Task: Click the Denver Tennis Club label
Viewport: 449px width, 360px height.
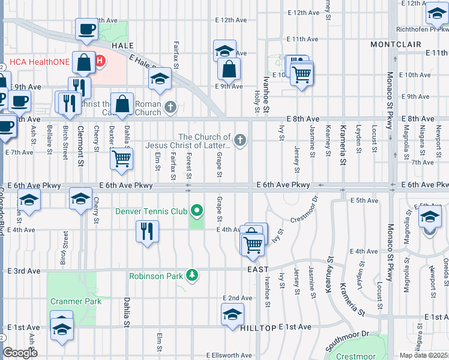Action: pos(152,211)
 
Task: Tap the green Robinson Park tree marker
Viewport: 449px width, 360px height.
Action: pos(192,275)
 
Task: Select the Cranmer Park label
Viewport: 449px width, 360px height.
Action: pos(76,302)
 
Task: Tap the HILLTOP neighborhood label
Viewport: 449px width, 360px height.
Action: pos(258,328)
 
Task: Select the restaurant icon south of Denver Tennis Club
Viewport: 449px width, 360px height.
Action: pos(147,230)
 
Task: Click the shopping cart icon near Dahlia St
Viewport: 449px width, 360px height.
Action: pos(122,159)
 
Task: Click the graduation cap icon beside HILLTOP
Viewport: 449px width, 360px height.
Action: pos(232,314)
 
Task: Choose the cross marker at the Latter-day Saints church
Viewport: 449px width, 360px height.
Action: pos(240,141)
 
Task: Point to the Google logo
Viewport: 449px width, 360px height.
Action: pos(20,353)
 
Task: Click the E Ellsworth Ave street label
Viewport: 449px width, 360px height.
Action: pos(229,355)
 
